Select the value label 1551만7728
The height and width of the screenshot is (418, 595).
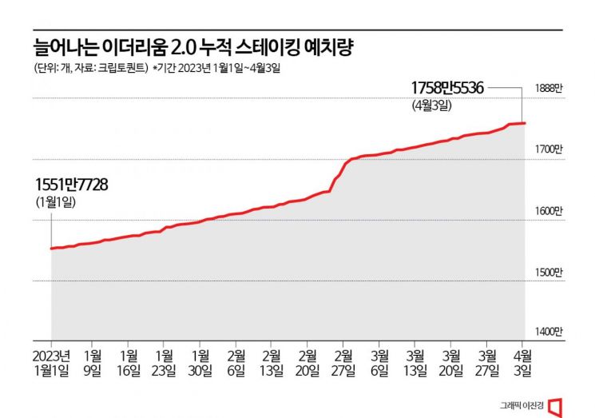[x=72, y=185]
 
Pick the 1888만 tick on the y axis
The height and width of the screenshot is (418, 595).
[x=549, y=90]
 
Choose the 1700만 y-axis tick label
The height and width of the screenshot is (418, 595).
[x=549, y=149]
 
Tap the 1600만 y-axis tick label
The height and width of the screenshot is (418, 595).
[x=549, y=211]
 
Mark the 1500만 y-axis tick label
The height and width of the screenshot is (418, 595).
[x=549, y=273]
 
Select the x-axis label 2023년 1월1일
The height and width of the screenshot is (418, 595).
[x=52, y=363]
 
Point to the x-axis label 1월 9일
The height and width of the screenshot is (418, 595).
[x=93, y=363]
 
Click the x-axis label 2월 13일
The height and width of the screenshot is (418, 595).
[x=272, y=363]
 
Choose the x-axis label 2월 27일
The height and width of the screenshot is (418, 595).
[x=344, y=363]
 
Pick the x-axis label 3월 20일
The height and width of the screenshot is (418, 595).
[x=451, y=363]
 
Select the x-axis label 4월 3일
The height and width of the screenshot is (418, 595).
[x=522, y=363]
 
